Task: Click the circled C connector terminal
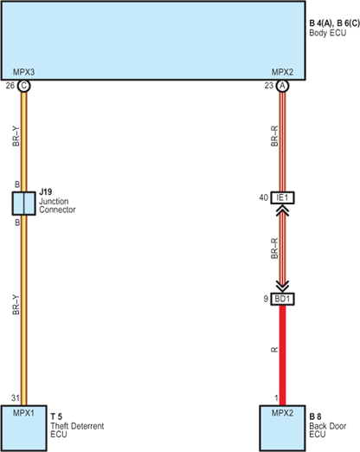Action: pos(23,86)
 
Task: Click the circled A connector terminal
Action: pos(282,86)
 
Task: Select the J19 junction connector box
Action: pos(24,203)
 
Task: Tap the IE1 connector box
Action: pos(282,197)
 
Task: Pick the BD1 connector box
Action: pos(282,299)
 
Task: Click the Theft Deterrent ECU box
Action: pos(24,428)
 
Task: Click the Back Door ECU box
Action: pos(282,428)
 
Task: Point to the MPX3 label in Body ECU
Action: pos(23,72)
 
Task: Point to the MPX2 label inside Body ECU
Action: pos(282,72)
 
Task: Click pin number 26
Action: pos(10,86)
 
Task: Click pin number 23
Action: pos(269,86)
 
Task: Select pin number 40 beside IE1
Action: pos(264,197)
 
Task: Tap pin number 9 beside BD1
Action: pos(266,299)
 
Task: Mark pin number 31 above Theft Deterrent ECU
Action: pos(16,398)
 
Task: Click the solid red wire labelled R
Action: pos(282,355)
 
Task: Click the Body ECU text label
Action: pos(328,33)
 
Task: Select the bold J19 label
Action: pos(46,192)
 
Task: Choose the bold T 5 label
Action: pos(56,416)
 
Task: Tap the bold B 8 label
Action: pos(315,416)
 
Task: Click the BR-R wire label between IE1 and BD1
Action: pos(274,249)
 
